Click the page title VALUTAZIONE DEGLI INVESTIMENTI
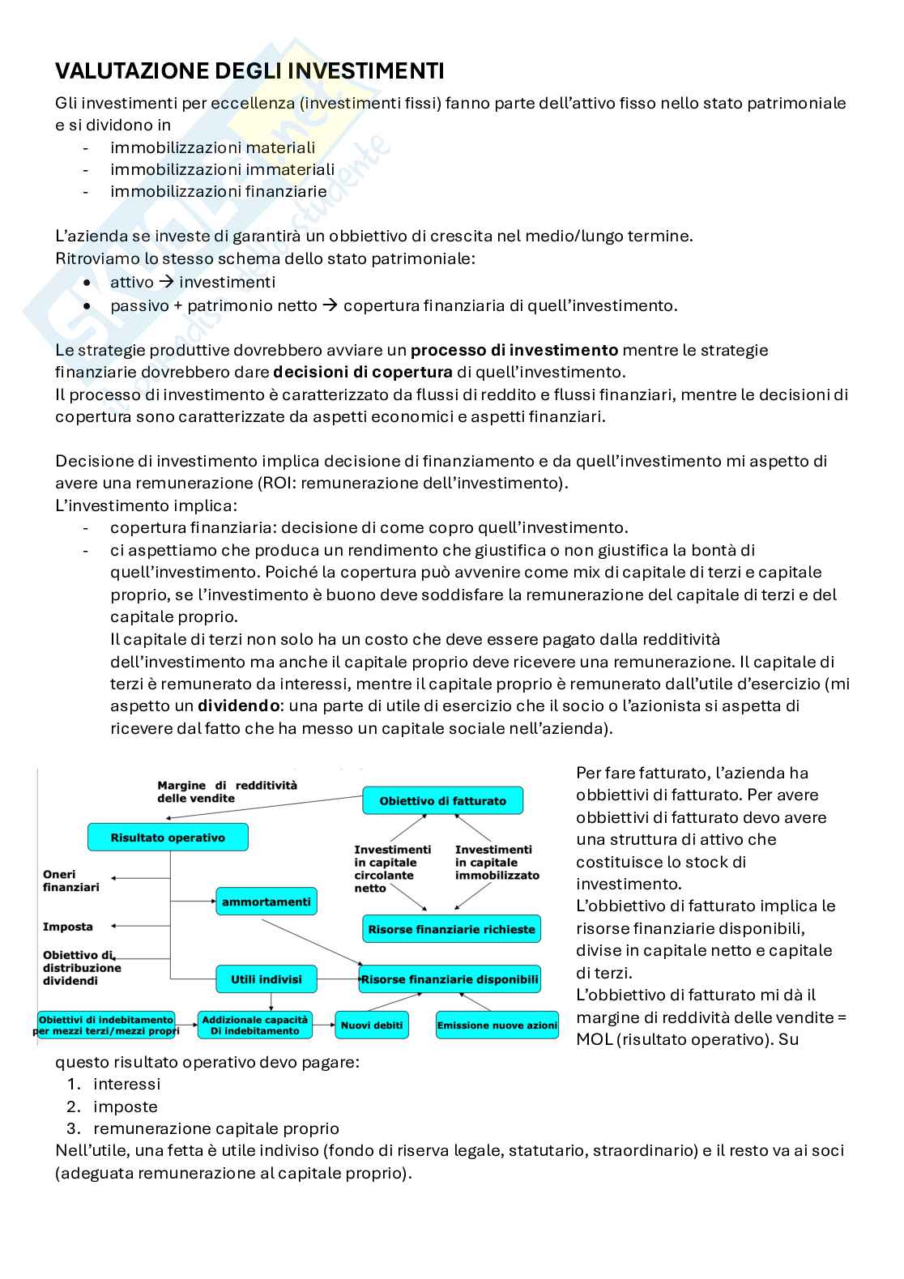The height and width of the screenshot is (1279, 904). [x=249, y=71]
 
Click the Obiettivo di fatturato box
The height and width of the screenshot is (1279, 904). [x=442, y=801]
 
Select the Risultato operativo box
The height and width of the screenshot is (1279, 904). [x=168, y=838]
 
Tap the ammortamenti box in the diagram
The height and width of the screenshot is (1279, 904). [x=266, y=902]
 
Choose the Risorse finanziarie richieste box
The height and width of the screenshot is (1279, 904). [x=451, y=929]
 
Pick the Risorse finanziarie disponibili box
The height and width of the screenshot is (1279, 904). [x=450, y=979]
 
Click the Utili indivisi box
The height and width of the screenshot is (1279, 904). [x=266, y=979]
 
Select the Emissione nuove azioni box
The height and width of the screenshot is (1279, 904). [x=497, y=1025]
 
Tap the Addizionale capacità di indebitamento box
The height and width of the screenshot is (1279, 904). [x=254, y=1025]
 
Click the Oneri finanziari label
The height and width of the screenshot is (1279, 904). [x=71, y=880]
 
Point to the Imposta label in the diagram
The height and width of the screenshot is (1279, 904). [x=68, y=927]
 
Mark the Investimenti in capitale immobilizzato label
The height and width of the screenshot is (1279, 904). [x=497, y=863]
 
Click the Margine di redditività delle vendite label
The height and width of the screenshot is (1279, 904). [x=227, y=791]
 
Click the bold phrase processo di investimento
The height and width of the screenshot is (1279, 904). [x=514, y=351]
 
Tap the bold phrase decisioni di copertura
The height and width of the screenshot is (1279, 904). [x=363, y=373]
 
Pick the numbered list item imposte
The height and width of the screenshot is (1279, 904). [x=126, y=1106]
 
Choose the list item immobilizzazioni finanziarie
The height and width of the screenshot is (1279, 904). [x=219, y=192]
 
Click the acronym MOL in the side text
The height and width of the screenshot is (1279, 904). [x=594, y=1039]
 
